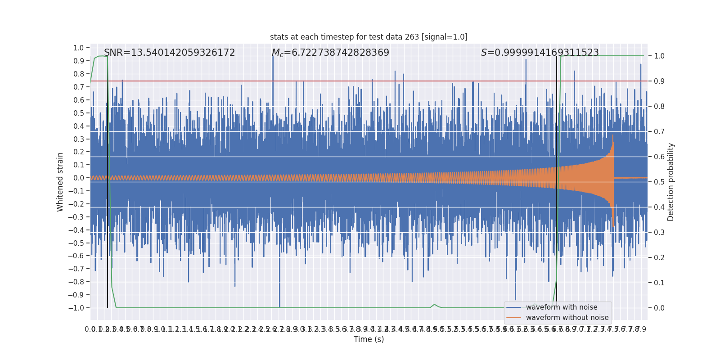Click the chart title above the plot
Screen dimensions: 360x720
click(369, 37)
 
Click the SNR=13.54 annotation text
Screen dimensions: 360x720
click(170, 53)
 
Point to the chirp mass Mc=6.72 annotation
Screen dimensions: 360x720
click(330, 53)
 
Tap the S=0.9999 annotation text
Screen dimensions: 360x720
click(540, 53)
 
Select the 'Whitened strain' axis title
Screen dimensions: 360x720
click(60, 182)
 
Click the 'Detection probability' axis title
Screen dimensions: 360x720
click(671, 182)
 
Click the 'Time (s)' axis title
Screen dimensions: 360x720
click(369, 339)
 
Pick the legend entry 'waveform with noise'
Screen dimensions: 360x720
click(561, 307)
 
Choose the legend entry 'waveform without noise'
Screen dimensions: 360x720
click(567, 318)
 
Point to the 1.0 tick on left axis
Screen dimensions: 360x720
click(79, 48)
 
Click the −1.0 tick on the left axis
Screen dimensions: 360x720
click(76, 308)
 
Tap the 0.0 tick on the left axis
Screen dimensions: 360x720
click(79, 178)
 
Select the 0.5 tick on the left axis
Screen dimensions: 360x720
click(79, 113)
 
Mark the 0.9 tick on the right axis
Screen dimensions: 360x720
click(659, 81)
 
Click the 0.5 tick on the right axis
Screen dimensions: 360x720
click(659, 182)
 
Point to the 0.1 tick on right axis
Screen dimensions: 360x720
click(659, 283)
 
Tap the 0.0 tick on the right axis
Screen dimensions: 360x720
click(659, 308)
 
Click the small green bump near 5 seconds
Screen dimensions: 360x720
click(434, 305)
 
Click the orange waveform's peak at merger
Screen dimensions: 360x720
click(613, 135)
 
